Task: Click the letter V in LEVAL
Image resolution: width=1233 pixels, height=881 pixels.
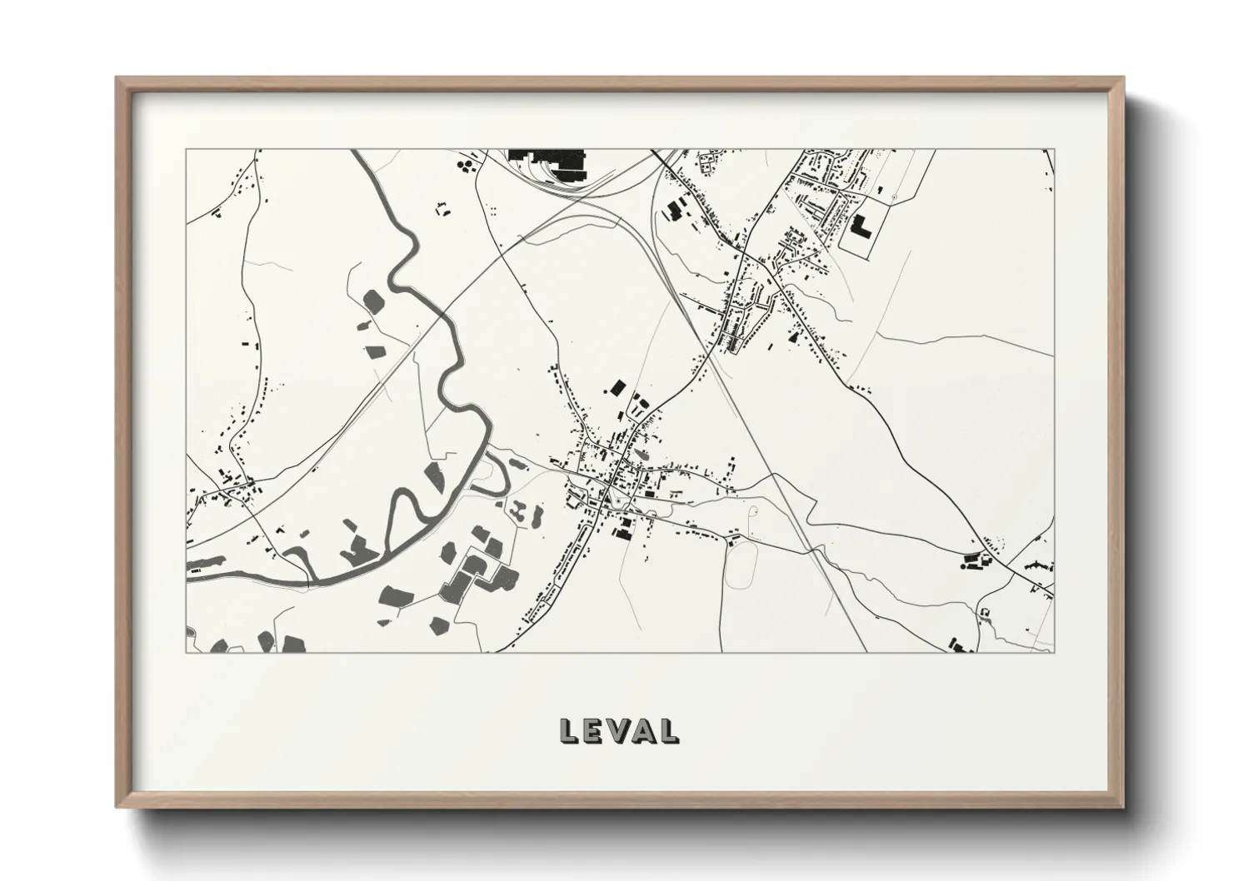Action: pyautogui.click(x=618, y=730)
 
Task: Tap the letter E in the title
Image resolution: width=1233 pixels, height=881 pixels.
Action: pyautogui.click(x=593, y=730)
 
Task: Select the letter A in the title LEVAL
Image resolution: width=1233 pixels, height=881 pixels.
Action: pyautogui.click(x=642, y=730)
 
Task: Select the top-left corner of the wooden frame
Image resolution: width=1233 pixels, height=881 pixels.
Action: pyautogui.click(x=117, y=78)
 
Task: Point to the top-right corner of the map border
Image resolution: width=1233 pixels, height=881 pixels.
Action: pyautogui.click(x=1054, y=150)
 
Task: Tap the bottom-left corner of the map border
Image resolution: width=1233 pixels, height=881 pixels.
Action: pyautogui.click(x=186, y=652)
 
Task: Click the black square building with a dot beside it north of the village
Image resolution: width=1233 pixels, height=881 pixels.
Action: pyautogui.click(x=617, y=387)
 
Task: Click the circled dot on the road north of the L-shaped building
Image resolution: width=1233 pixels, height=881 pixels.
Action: pyautogui.click(x=893, y=195)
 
